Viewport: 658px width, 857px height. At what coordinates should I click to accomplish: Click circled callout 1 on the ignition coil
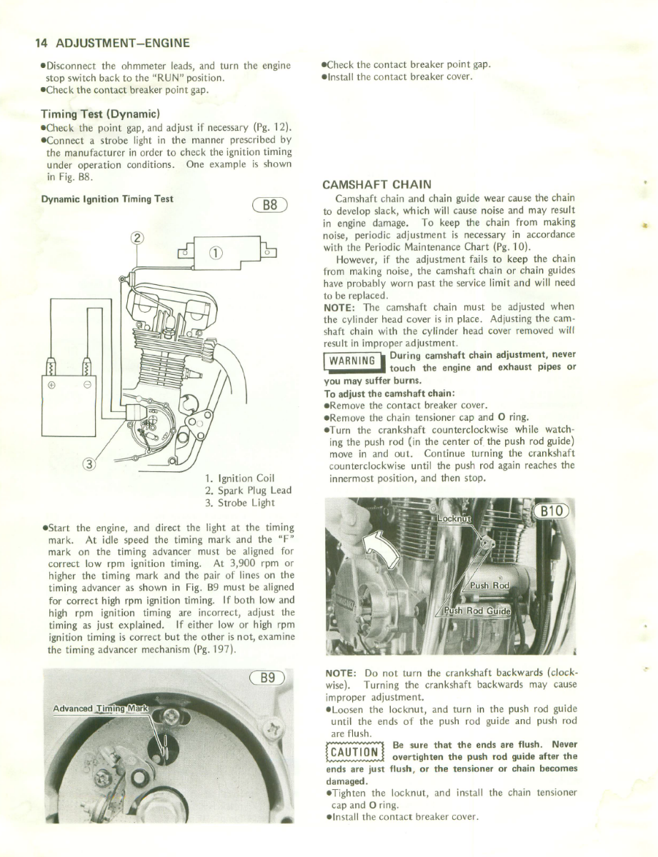tap(215, 252)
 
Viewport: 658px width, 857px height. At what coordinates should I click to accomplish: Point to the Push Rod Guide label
tap(473, 612)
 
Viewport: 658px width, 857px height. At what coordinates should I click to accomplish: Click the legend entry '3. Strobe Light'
tap(240, 503)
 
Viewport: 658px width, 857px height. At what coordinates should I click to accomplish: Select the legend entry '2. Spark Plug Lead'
tap(248, 491)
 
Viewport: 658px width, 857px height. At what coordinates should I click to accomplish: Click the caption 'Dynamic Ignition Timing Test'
tap(107, 199)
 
